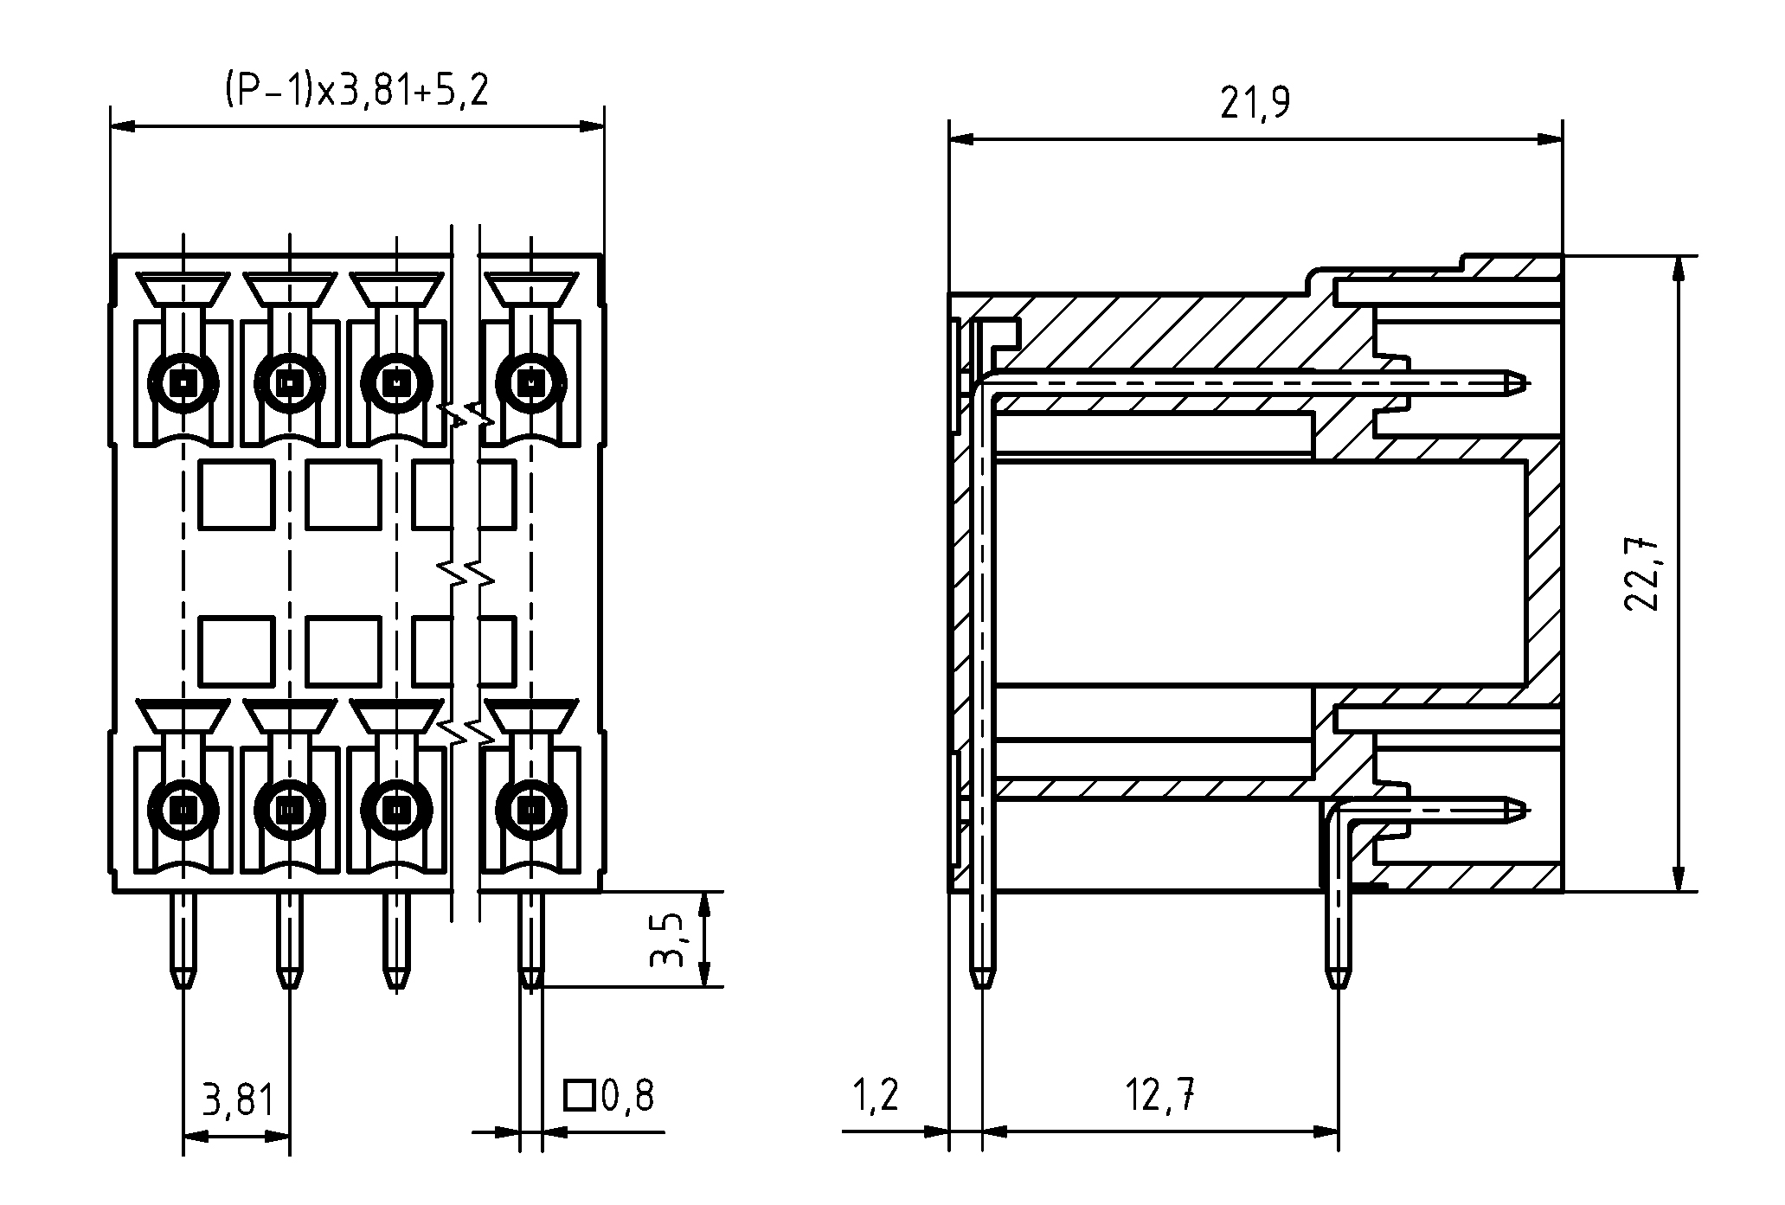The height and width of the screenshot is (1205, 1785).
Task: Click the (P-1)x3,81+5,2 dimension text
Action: point(356,89)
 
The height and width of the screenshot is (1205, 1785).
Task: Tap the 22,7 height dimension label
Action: point(1641,574)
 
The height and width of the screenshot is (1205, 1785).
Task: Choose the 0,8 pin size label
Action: point(627,1096)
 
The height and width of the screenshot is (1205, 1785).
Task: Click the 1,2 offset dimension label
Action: point(876,1095)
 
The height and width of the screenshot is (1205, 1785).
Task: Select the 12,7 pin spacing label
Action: point(1161,1097)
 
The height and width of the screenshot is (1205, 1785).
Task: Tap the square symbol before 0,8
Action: point(579,1095)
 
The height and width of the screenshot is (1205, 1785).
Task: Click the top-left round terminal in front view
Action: point(183,381)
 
